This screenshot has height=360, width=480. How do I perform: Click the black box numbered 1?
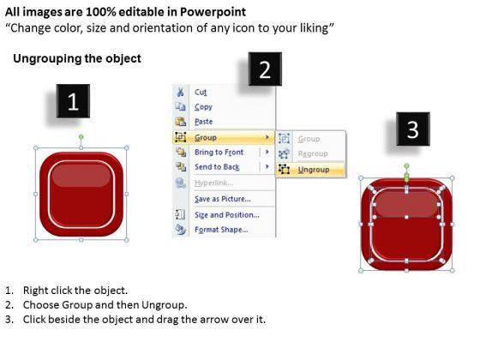(x=73, y=101)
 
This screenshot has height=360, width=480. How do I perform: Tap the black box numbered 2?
(x=265, y=69)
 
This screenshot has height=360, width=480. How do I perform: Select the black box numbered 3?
(x=413, y=129)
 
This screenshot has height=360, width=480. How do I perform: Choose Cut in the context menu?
(x=201, y=93)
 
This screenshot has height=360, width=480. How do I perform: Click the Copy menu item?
(x=203, y=107)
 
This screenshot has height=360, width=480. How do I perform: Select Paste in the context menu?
(x=204, y=122)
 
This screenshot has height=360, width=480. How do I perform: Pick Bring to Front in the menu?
(x=219, y=153)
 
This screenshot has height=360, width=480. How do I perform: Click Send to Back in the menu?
(x=217, y=167)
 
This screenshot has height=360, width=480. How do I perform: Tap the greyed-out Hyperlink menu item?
(x=213, y=183)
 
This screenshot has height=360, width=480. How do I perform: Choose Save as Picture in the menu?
(x=223, y=199)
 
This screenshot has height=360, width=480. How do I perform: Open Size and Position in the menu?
(x=227, y=215)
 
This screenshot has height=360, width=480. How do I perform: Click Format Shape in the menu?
(x=221, y=230)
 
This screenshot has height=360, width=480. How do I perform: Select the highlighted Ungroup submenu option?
(x=314, y=170)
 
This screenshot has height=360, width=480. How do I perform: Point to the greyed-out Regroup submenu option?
(x=313, y=153)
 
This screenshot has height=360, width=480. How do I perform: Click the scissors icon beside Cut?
(x=180, y=92)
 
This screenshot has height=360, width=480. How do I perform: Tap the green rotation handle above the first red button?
(x=81, y=136)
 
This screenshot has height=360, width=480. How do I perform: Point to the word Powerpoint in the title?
(x=213, y=12)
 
